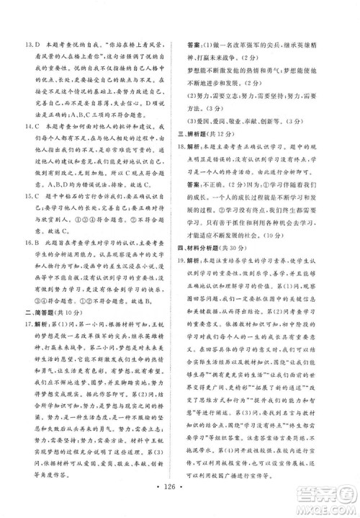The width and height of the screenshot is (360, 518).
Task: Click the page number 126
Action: click(x=179, y=502)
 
